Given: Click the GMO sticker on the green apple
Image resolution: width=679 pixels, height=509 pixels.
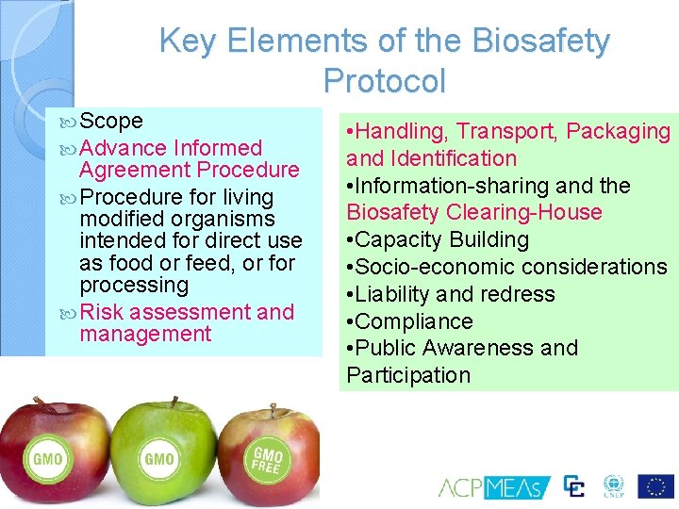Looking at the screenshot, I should [158, 459].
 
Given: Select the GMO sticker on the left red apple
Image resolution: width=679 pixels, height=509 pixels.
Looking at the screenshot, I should [47, 459].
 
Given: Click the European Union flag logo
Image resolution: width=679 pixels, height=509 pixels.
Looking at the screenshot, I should [655, 486].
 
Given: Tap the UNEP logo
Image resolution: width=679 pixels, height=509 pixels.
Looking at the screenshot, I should [614, 486].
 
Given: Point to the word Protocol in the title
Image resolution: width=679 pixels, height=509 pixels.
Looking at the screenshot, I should [384, 81].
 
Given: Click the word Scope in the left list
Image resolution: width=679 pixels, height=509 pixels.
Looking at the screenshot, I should [111, 121].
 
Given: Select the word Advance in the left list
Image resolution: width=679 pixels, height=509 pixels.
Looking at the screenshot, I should [123, 148].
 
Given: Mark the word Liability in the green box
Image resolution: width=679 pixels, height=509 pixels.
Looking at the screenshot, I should [391, 294].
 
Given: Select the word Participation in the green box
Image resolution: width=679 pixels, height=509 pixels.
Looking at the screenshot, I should [408, 375].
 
